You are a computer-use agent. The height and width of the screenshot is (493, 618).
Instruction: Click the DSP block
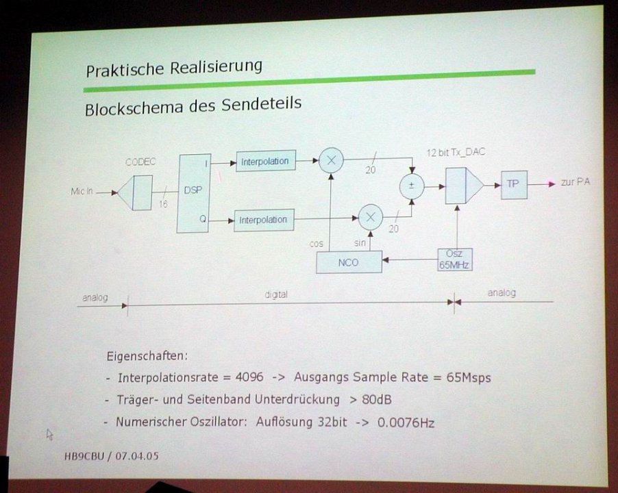(193, 193)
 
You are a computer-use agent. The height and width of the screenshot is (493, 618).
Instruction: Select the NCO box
(349, 262)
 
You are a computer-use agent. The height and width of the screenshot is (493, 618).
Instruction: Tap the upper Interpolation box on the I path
(266, 161)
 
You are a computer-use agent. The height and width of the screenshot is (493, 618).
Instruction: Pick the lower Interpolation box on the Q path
(264, 220)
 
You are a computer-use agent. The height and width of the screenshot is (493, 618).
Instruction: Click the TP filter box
(514, 184)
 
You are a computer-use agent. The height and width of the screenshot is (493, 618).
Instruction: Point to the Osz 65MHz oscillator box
(454, 260)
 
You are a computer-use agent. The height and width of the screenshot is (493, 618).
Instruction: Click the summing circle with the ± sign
(412, 186)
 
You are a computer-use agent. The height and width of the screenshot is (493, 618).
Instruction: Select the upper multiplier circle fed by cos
(331, 160)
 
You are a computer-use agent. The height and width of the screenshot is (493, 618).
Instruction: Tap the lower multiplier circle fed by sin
(371, 217)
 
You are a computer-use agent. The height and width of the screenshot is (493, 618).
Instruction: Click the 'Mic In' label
(82, 191)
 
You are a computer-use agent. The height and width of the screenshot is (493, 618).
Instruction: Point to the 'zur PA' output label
(575, 182)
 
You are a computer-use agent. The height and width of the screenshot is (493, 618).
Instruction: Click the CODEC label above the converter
(140, 162)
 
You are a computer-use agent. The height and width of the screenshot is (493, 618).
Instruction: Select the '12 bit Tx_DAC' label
(456, 152)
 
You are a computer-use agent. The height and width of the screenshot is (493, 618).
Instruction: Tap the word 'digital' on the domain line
(276, 294)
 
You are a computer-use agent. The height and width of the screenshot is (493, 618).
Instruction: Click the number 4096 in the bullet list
(249, 377)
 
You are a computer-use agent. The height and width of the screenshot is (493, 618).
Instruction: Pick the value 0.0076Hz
(406, 422)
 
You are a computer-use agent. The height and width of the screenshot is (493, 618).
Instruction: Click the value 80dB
(376, 400)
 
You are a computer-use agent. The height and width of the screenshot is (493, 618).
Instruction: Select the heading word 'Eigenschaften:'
(147, 356)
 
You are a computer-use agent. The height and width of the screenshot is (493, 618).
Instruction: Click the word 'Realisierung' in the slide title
(216, 67)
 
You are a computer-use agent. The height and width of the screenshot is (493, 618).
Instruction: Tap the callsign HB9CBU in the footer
(84, 457)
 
